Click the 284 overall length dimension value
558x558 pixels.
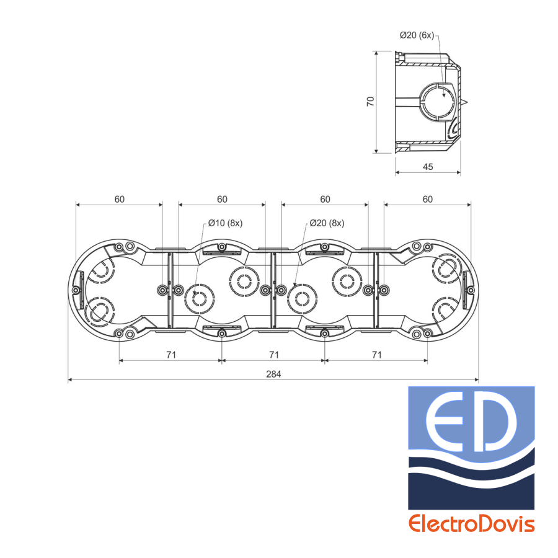273,374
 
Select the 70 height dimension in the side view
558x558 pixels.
371,102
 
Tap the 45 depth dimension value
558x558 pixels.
428,167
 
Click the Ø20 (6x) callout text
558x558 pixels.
417,35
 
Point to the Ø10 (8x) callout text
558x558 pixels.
225,223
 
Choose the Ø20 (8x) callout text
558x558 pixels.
327,223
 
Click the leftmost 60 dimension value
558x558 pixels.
120,199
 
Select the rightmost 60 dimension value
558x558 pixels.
428,199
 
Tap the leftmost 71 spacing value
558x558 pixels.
171,355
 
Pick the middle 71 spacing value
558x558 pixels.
273,355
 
